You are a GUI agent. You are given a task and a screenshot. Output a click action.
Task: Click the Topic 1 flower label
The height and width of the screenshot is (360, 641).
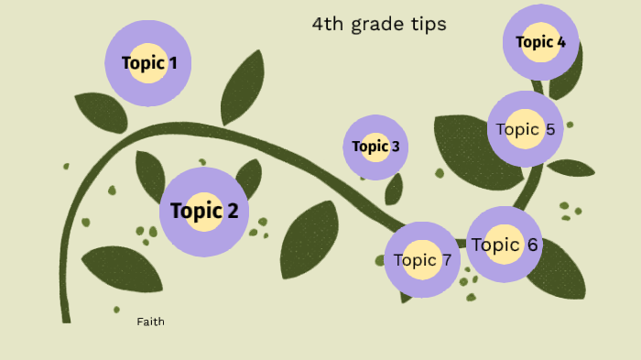(x=149, y=63)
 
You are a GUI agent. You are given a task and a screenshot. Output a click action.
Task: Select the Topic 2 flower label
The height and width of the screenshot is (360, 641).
(x=204, y=211)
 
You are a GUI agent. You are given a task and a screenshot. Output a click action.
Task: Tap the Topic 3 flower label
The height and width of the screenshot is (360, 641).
(x=375, y=147)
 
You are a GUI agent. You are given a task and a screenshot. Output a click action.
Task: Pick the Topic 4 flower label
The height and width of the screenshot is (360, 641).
(x=540, y=41)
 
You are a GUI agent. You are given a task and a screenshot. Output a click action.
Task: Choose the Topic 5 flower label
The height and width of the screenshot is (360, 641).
(x=525, y=129)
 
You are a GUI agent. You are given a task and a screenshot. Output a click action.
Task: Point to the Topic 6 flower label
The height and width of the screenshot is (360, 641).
(x=504, y=245)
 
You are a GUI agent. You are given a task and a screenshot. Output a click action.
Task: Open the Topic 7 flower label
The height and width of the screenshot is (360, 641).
(x=421, y=260)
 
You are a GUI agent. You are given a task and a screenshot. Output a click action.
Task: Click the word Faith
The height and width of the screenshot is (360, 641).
(x=150, y=322)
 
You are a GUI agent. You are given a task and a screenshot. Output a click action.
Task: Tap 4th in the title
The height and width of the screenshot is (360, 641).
(x=325, y=25)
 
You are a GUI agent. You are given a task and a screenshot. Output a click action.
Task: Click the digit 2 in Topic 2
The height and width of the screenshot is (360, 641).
(x=232, y=211)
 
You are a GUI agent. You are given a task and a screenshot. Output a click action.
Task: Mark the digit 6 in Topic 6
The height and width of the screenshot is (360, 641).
(x=532, y=245)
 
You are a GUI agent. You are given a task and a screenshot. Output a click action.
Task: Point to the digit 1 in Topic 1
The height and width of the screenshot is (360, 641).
(x=172, y=63)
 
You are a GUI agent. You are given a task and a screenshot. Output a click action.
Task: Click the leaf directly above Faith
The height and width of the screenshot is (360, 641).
(x=121, y=268)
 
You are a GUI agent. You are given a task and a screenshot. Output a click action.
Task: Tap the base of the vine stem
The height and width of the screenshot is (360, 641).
(x=65, y=316)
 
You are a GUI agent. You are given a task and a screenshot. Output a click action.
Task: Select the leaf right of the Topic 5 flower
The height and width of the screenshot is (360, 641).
(x=570, y=168)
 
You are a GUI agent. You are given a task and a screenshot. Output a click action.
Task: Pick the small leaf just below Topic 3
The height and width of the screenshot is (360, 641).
(x=394, y=190)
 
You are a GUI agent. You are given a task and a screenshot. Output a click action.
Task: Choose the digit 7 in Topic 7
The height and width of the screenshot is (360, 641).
(x=446, y=260)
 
